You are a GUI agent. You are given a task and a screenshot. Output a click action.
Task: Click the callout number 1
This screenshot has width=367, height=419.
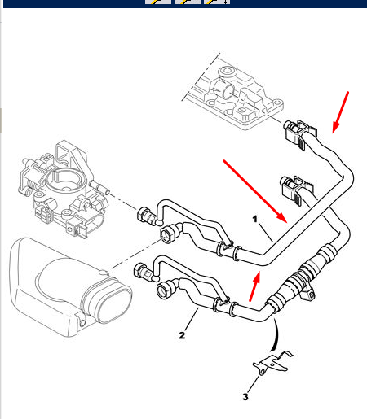(x=254, y=219)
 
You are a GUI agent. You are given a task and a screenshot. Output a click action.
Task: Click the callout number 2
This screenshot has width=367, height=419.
(x=182, y=335)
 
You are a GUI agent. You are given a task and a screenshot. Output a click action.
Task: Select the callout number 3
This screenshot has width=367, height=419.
(x=245, y=397)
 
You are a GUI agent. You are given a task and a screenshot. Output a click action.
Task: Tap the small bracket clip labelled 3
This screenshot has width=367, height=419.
(x=272, y=363)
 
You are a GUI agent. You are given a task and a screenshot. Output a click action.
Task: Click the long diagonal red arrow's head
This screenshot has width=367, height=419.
(x=282, y=218)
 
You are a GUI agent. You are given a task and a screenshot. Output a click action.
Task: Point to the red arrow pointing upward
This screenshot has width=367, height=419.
(x=254, y=286)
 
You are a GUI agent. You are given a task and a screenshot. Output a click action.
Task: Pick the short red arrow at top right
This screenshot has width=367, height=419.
(x=340, y=112)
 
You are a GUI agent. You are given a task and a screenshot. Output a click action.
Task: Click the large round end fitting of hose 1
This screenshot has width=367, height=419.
(x=168, y=233)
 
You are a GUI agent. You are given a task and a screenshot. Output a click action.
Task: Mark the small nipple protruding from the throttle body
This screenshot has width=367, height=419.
(x=100, y=187)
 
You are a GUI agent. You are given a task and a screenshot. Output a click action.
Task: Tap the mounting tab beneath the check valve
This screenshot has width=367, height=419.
(x=307, y=294)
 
